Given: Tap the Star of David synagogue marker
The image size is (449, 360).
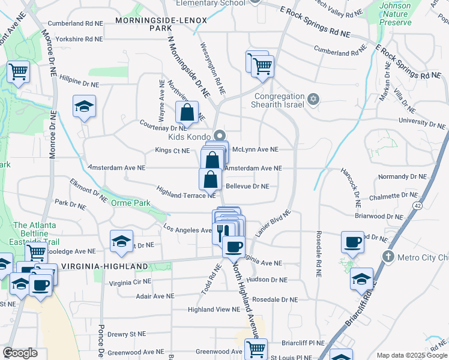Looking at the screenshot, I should [x=312, y=98].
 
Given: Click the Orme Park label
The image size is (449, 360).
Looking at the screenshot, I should [x=130, y=203].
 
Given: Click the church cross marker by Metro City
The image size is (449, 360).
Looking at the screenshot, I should [x=388, y=256].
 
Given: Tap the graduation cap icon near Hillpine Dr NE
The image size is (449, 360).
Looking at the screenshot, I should [x=84, y=107].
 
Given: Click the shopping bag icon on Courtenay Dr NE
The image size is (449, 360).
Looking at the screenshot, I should [x=187, y=112].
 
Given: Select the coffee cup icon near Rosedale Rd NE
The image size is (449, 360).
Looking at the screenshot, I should [x=352, y=242].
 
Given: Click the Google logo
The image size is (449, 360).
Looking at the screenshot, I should [x=20, y=352].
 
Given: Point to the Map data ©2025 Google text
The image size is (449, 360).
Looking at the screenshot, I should [x=411, y=355].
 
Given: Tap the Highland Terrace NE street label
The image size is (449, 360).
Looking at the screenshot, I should [x=186, y=191].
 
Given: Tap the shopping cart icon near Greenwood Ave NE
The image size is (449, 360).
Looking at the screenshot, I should [x=256, y=349].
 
